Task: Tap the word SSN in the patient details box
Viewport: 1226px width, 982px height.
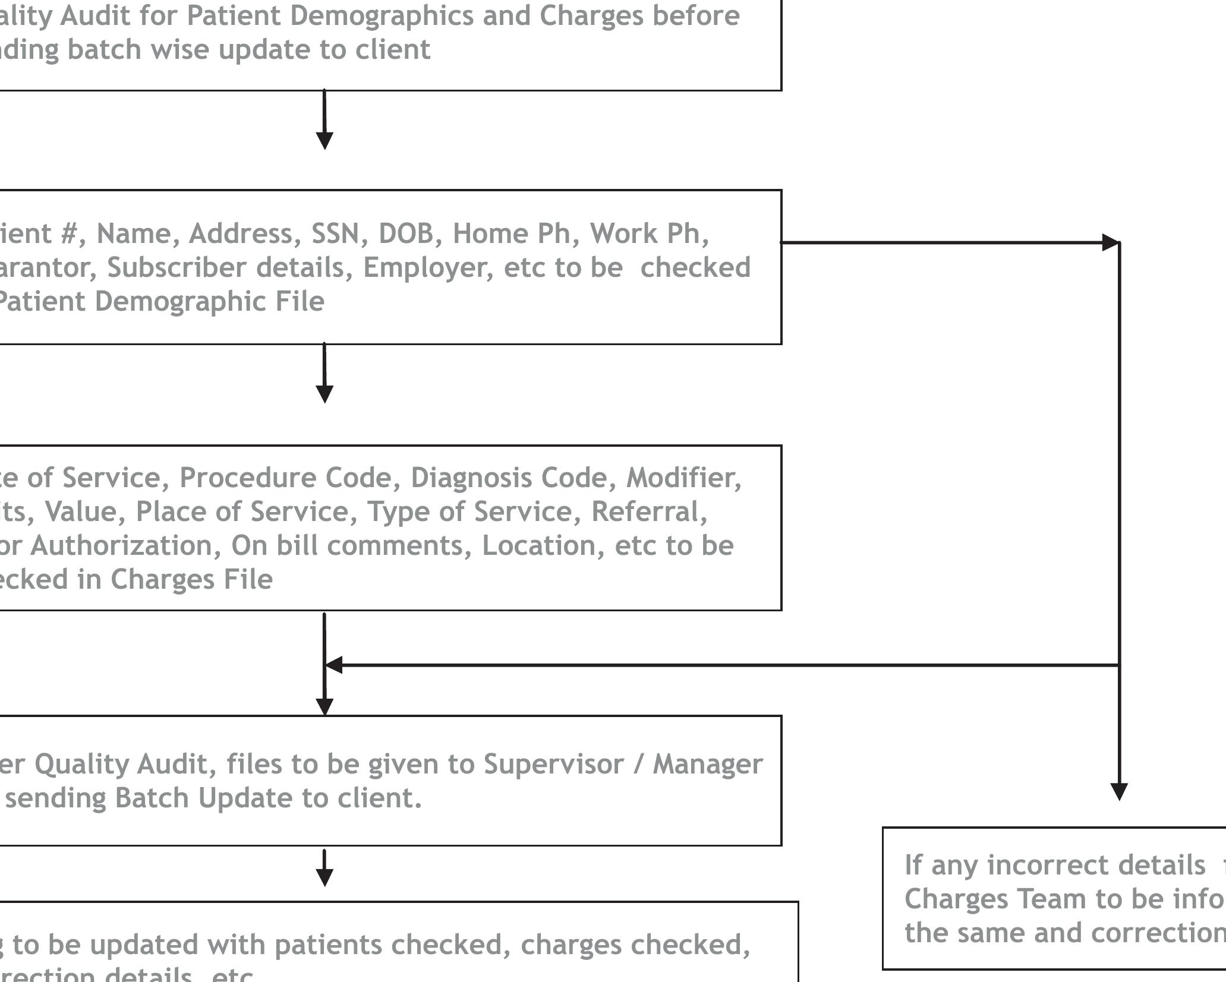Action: point(335,233)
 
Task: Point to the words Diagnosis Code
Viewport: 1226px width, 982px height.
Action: point(513,478)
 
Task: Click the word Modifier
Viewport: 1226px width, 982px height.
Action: point(683,478)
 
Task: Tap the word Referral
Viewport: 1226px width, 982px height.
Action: point(649,511)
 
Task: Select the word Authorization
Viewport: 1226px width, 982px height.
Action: point(125,545)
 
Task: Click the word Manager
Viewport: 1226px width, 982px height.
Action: point(707,764)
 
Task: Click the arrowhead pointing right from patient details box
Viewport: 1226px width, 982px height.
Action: point(1110,242)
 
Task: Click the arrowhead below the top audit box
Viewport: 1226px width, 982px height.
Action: point(324,141)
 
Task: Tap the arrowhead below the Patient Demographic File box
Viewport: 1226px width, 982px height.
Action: point(324,394)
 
